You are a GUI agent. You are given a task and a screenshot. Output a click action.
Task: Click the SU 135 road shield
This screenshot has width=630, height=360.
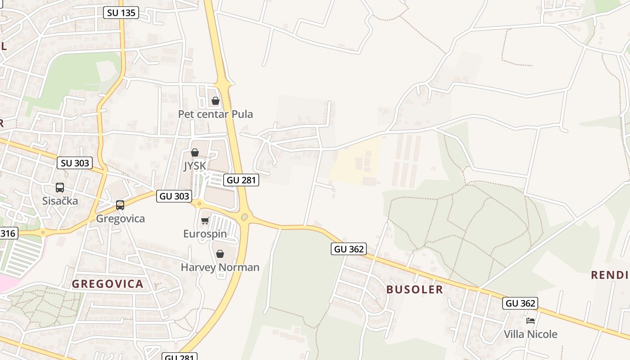[x=121, y=13]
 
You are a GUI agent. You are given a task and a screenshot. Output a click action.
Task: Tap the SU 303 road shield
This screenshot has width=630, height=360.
[x=75, y=163]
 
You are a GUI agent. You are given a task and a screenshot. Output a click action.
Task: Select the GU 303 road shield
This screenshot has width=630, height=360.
[x=174, y=196]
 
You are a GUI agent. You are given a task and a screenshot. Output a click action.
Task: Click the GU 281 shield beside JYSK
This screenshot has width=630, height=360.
[x=241, y=180]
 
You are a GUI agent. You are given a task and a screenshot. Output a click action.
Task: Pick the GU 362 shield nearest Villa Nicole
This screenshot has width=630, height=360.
[x=520, y=303]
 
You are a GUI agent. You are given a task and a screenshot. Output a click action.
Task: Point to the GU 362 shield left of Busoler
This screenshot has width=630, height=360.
[x=349, y=248]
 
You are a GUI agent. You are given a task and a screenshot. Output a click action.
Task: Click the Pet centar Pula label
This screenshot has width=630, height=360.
[x=215, y=114]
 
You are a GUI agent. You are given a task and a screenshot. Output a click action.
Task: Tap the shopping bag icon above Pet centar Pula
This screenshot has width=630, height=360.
[x=216, y=101]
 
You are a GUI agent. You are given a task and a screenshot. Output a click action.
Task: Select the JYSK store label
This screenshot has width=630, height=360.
[x=194, y=166]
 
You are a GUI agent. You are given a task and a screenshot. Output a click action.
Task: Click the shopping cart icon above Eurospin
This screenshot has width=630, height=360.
[x=205, y=220]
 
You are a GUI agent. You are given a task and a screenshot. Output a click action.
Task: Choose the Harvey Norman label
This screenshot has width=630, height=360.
[x=220, y=267]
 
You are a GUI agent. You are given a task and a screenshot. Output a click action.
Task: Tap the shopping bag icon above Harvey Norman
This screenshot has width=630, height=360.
[x=220, y=254]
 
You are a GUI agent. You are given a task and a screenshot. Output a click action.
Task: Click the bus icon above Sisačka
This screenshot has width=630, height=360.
[x=60, y=188]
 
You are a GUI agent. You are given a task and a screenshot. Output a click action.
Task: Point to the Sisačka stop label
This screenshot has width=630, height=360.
[x=60, y=201]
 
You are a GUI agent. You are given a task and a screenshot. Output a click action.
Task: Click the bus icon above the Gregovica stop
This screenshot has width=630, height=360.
[x=120, y=205]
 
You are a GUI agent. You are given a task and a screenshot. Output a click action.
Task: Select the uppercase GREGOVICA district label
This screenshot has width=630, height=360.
[x=108, y=284]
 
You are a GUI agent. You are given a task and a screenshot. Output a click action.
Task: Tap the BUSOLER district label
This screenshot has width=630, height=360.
[x=414, y=289]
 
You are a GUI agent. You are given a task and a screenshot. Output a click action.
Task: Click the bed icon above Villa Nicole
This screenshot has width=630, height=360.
[x=531, y=321]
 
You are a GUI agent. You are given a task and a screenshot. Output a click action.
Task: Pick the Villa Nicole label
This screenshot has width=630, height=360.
[x=531, y=334]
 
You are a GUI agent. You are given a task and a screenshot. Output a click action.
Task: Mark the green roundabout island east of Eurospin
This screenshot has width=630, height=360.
[x=244, y=217]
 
